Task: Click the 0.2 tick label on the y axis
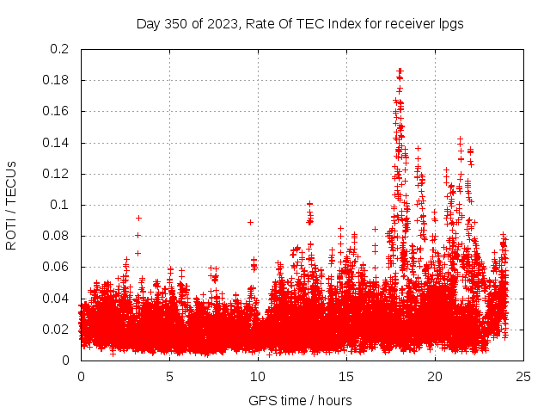pos(60,49)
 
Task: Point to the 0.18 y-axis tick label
pos(57,80)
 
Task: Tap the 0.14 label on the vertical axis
pos(57,143)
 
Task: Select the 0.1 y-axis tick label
pos(60,205)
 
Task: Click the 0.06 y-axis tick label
pos(57,267)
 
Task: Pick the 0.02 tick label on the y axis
pos(57,330)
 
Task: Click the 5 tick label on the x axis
pos(169,376)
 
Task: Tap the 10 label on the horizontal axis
pos(258,376)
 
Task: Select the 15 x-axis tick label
pos(346,376)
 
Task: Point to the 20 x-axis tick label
pos(435,376)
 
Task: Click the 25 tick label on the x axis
pos(523,376)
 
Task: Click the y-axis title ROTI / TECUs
pos(12,205)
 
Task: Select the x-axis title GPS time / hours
pos(300,400)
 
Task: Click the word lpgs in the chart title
pos(450,23)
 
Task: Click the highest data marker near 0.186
pos(400,71)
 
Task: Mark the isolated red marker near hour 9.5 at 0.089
pos(250,222)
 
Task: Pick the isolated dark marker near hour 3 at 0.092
pos(138,218)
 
